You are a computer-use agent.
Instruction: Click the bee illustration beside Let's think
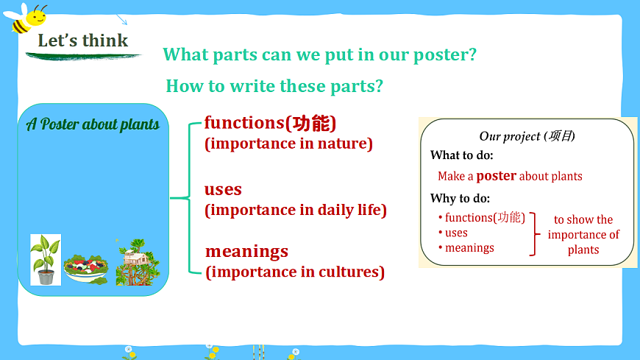tap(25, 18)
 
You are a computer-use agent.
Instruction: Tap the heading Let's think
tap(83, 40)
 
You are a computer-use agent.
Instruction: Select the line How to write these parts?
tap(274, 86)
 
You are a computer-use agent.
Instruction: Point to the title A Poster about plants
tap(93, 124)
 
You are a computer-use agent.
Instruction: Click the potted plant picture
tap(46, 260)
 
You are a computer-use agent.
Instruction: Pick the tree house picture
tap(138, 262)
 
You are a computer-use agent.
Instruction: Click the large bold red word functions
tap(244, 123)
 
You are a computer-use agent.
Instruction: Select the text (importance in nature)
tap(288, 144)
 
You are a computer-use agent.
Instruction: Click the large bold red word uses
tap(223, 189)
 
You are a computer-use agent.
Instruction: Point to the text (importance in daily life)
tap(296, 210)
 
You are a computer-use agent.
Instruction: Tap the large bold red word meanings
tap(246, 251)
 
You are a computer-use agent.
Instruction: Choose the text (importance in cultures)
tap(295, 272)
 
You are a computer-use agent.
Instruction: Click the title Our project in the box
tap(527, 136)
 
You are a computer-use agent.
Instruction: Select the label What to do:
tap(462, 155)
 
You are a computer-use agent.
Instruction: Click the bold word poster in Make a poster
tap(497, 176)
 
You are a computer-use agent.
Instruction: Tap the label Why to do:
tap(460, 199)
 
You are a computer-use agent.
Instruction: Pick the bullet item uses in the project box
tap(456, 233)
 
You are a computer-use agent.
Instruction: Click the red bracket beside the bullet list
tap(534, 234)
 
